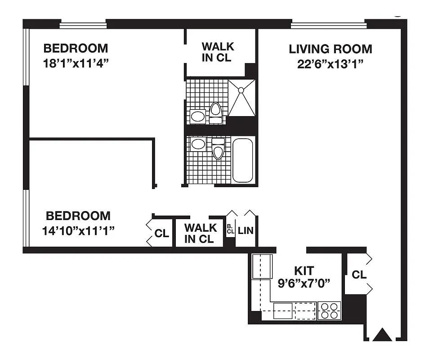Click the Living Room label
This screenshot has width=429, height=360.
click(330, 49)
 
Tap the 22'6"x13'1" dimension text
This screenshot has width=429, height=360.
click(330, 63)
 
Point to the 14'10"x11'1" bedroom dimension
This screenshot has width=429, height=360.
click(78, 231)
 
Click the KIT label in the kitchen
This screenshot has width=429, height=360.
click(304, 271)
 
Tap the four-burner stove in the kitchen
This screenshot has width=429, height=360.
click(329, 311)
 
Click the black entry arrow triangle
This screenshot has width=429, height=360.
click(383, 335)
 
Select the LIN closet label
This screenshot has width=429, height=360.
click(246, 231)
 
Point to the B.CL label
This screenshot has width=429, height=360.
click(230, 229)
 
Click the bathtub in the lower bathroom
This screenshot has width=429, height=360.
click(243, 160)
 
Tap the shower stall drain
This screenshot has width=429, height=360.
click(241, 90)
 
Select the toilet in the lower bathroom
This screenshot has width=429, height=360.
click(218, 149)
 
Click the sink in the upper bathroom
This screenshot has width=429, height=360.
click(197, 117)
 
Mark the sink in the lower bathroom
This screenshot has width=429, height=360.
click(197, 144)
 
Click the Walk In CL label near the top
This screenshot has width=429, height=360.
click(218, 52)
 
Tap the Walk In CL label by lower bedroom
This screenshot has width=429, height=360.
click(200, 233)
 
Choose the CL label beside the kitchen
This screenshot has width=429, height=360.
click(359, 274)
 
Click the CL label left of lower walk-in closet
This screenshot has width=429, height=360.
click(161, 234)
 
